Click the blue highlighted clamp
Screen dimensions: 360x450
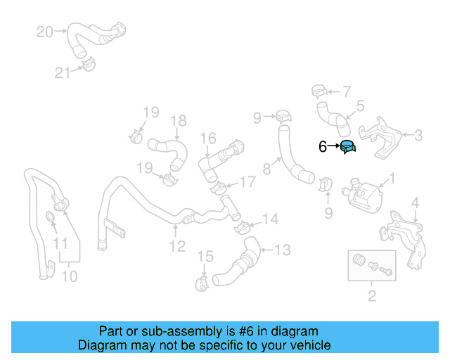(347, 148)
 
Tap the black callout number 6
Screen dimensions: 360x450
(323, 147)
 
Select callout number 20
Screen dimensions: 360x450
(44, 32)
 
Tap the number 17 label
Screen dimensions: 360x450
(247, 182)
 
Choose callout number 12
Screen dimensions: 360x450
(177, 245)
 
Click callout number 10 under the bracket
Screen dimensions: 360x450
(69, 276)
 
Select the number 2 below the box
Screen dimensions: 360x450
(372, 295)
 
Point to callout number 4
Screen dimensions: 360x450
(416, 204)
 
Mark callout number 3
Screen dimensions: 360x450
(418, 135)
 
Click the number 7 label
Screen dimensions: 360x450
(346, 91)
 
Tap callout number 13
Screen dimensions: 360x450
(281, 249)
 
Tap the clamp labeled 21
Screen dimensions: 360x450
(89, 66)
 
